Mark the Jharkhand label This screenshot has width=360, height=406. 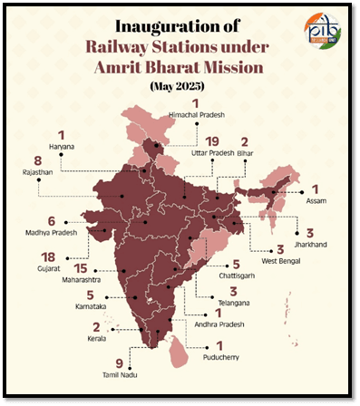tap(309, 243)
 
